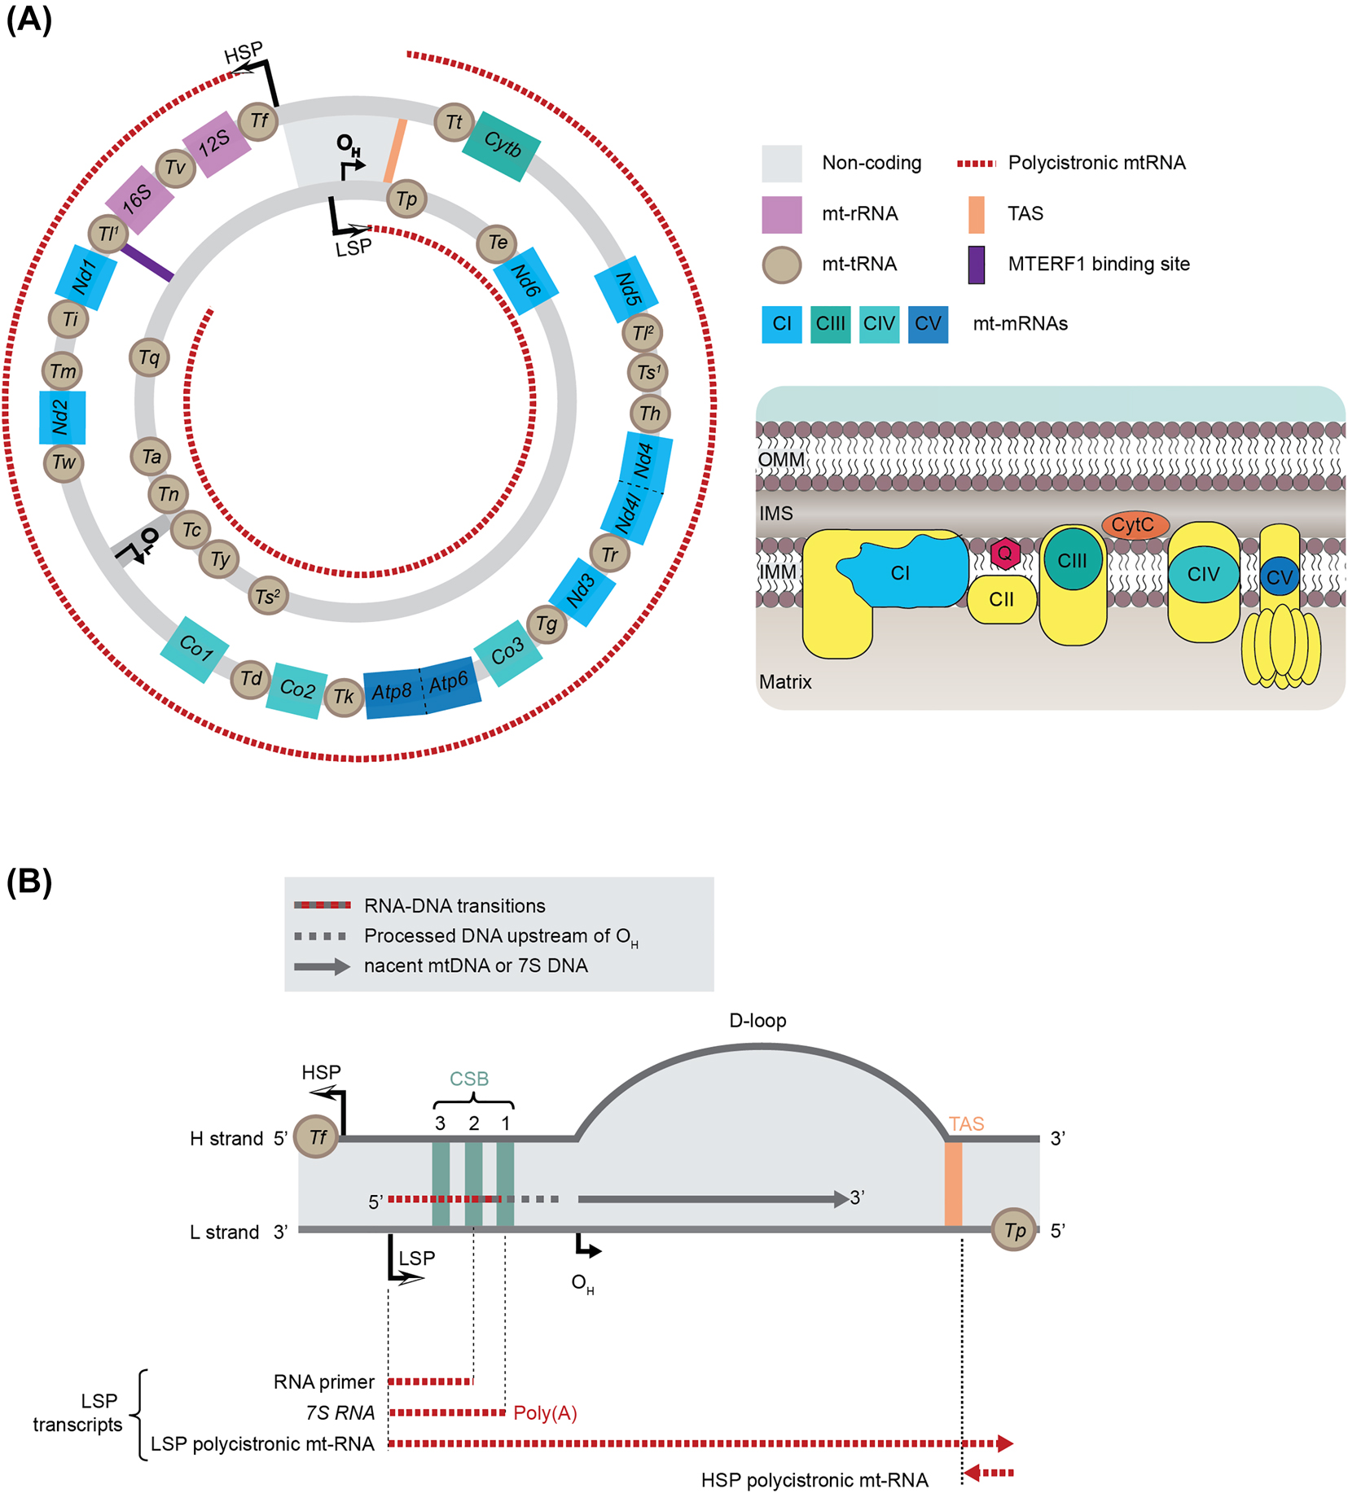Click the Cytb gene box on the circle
(x=502, y=146)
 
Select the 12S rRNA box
(x=216, y=142)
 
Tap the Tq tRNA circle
(x=149, y=357)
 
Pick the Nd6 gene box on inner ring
(x=525, y=281)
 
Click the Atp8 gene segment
(x=392, y=692)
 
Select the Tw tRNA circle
(x=64, y=463)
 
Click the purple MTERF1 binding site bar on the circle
(x=147, y=262)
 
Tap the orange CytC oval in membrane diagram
(x=1135, y=525)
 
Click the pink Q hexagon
(x=1005, y=554)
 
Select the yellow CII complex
(x=1002, y=600)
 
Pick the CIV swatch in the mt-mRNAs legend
(x=879, y=324)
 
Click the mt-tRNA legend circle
(x=781, y=265)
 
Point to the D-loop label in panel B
(x=757, y=1021)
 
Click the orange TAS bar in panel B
(x=953, y=1184)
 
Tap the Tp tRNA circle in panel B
(x=1014, y=1230)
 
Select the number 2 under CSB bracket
(x=474, y=1123)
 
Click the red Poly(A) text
(x=545, y=1413)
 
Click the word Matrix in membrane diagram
(x=785, y=682)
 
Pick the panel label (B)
(x=29, y=882)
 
